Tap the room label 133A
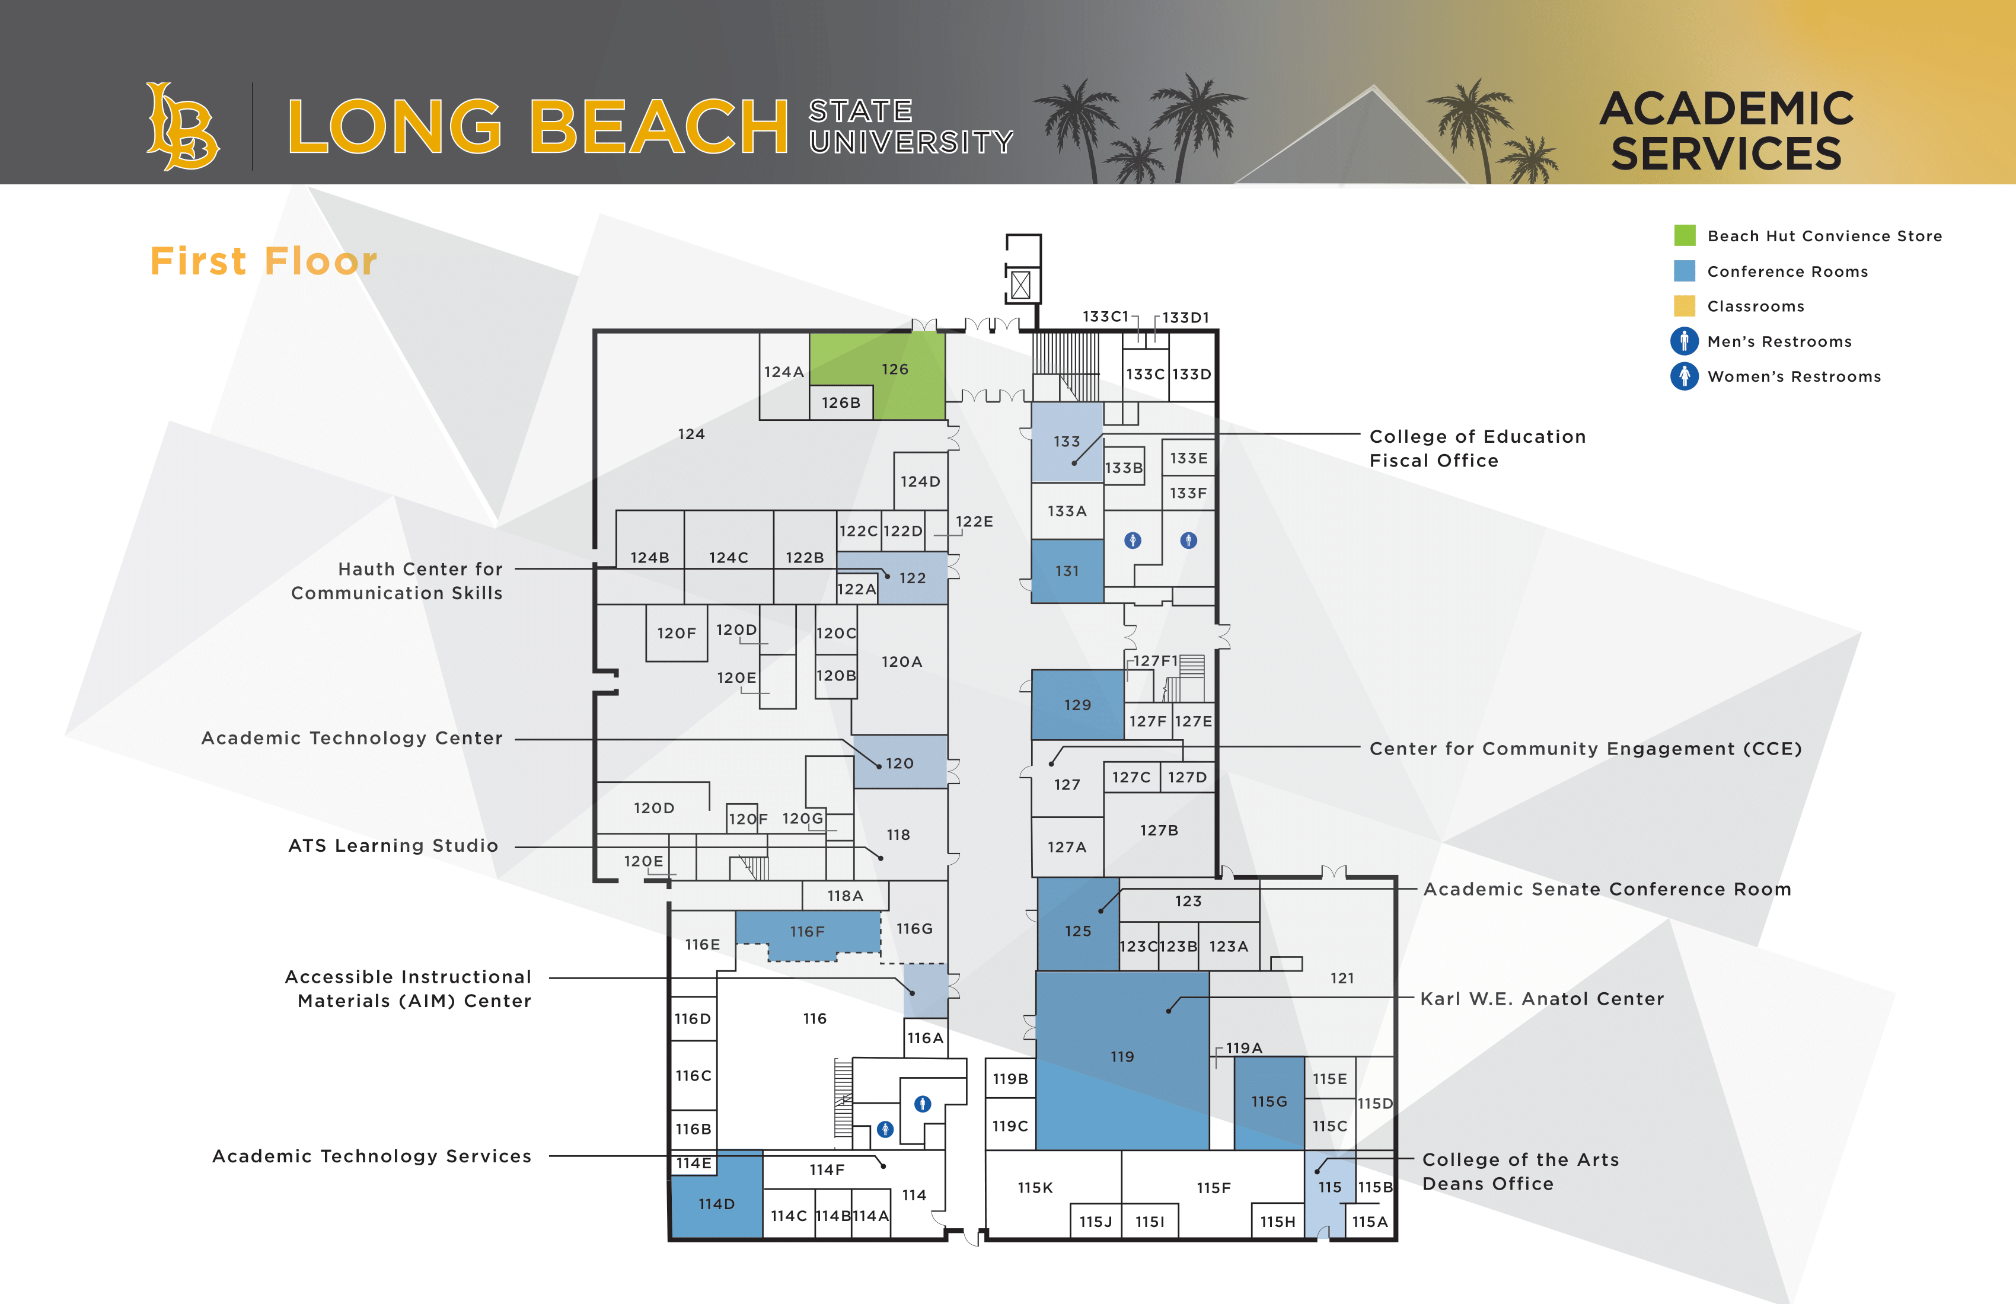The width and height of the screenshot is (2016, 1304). [x=1067, y=510]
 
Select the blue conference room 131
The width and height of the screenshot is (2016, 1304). [x=1067, y=571]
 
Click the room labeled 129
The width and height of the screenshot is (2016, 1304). [x=1077, y=705]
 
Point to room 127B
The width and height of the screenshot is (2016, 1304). [x=1158, y=830]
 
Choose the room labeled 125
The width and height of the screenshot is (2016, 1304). [x=1077, y=931]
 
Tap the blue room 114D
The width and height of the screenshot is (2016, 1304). [x=716, y=1203]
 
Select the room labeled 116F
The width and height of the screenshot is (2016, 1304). [x=806, y=931]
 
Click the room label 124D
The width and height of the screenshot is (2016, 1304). [x=920, y=481]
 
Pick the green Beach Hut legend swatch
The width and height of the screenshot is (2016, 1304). [x=1684, y=235]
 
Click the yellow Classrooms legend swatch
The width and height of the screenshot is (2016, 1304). [x=1684, y=306]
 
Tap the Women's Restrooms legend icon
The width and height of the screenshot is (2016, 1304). [x=1684, y=376]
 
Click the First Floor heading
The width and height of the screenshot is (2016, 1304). [x=263, y=261]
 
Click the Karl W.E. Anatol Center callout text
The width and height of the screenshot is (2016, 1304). [x=1542, y=998]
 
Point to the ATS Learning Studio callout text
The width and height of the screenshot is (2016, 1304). [x=393, y=845]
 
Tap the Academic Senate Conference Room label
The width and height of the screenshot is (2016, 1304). [x=1607, y=889]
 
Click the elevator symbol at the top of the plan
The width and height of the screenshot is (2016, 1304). [x=1020, y=285]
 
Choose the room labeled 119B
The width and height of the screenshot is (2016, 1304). [x=1010, y=1079]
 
